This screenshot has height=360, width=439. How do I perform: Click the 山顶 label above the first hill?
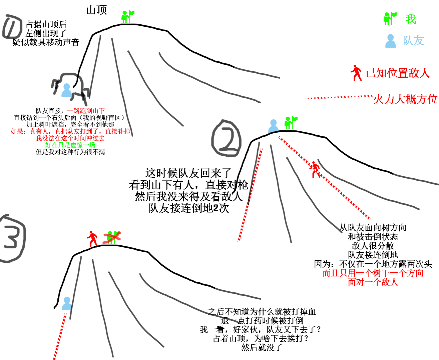(96, 10)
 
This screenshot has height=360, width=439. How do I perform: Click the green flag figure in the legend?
(390, 18)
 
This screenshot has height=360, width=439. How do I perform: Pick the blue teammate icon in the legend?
(390, 41)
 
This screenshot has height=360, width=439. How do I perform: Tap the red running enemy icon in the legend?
(356, 73)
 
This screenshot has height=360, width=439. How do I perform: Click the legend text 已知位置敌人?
(398, 73)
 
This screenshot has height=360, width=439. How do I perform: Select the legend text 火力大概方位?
(405, 99)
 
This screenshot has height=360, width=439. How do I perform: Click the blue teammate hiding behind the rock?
(67, 90)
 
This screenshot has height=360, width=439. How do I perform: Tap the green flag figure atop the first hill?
(128, 17)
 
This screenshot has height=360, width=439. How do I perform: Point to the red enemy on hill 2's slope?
(315, 170)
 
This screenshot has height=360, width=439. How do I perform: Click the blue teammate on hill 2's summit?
(273, 126)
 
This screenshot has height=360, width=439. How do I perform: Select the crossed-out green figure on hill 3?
(112, 237)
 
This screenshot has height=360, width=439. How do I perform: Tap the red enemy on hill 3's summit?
(92, 239)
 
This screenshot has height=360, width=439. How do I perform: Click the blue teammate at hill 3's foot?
(67, 304)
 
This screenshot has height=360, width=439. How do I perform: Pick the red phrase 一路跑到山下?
(86, 111)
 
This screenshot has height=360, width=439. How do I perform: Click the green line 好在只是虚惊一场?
(70, 145)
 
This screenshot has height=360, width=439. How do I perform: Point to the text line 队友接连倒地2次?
(189, 208)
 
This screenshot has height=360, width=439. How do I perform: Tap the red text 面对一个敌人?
(373, 282)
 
